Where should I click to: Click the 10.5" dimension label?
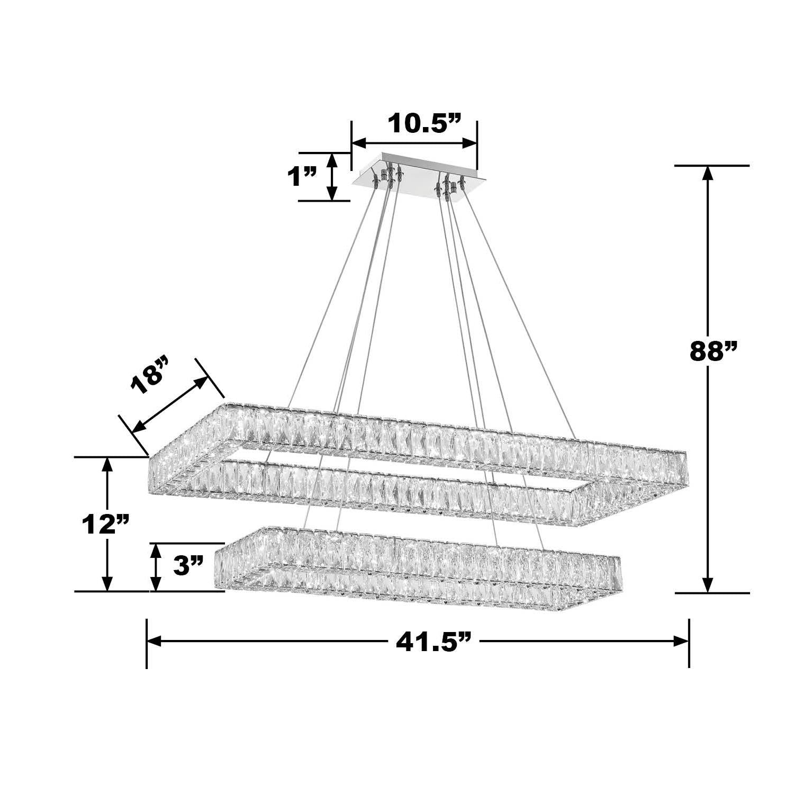[425, 124]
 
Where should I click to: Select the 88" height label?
[714, 351]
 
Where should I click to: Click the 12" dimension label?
[105, 525]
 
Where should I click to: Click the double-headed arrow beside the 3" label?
[156, 567]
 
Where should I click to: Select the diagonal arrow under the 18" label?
[169, 404]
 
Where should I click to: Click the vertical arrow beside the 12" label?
[108, 524]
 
